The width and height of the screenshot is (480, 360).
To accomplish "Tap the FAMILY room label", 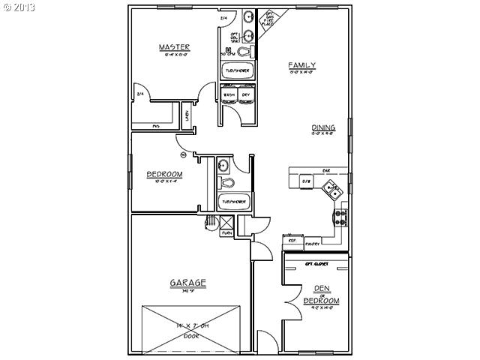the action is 301,66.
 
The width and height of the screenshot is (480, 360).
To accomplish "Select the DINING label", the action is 323,127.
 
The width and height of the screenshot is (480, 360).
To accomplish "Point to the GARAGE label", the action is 187,283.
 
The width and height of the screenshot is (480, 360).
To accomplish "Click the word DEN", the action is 321,287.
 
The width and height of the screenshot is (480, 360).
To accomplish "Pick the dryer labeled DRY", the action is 245,95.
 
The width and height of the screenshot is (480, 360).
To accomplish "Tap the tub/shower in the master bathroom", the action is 238,71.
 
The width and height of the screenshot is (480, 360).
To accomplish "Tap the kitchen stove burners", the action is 340,217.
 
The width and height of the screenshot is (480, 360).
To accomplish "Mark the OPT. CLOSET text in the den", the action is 318,264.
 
